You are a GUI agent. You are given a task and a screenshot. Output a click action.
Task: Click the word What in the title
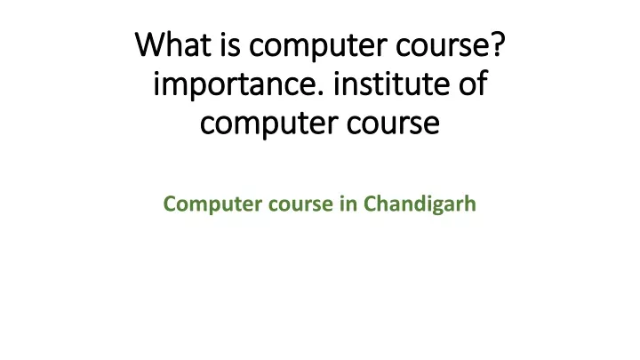tap(173, 44)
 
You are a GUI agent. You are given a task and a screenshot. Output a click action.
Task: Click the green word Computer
tap(212, 204)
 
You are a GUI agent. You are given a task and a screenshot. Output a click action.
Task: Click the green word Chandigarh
tap(420, 204)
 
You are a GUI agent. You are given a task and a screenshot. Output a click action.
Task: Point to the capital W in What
tap(149, 44)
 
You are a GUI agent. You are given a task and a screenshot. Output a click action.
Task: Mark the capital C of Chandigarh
tap(371, 204)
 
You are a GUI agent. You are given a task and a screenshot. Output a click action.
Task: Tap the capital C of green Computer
tap(170, 204)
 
